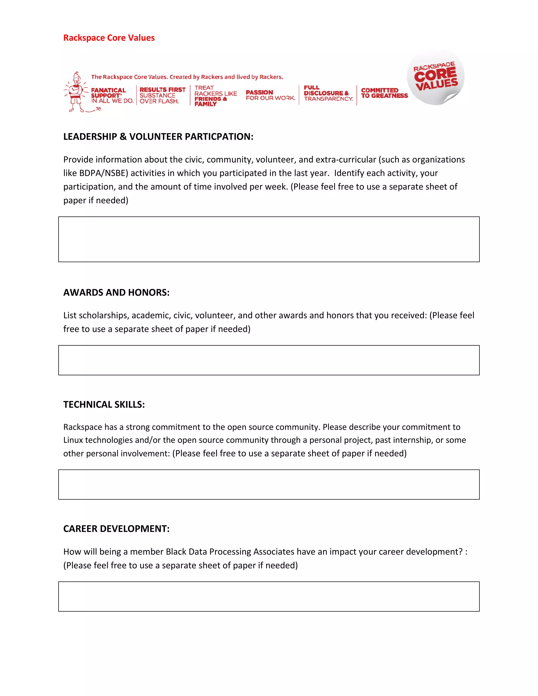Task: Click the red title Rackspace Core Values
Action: coord(109,38)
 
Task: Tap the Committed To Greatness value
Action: coord(384,93)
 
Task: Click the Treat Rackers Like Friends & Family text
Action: coord(215,96)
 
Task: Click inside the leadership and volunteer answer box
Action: coord(269,239)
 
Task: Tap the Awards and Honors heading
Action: coord(116,292)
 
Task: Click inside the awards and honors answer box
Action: coord(269,360)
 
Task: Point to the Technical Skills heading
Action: coord(104,404)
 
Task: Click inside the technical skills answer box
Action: coord(269,484)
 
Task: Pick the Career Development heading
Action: coord(116,529)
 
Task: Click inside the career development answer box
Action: coord(269,596)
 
